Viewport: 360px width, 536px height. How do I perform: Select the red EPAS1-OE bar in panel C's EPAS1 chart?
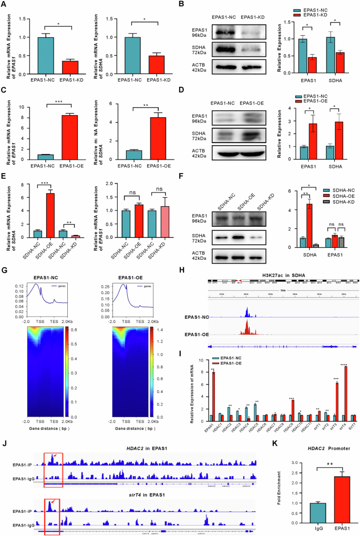coord(77,128)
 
